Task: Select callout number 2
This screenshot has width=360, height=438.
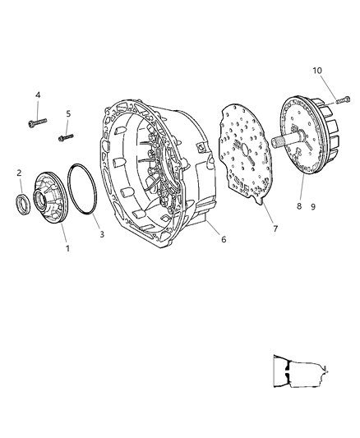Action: tap(19, 173)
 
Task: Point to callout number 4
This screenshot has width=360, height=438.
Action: tap(38, 96)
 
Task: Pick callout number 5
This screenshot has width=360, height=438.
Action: tap(69, 114)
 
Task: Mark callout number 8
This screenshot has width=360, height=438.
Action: tap(300, 208)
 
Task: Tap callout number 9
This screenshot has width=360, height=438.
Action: tap(312, 208)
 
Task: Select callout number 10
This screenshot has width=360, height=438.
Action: tap(318, 71)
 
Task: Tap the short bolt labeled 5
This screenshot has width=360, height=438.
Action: tap(67, 137)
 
